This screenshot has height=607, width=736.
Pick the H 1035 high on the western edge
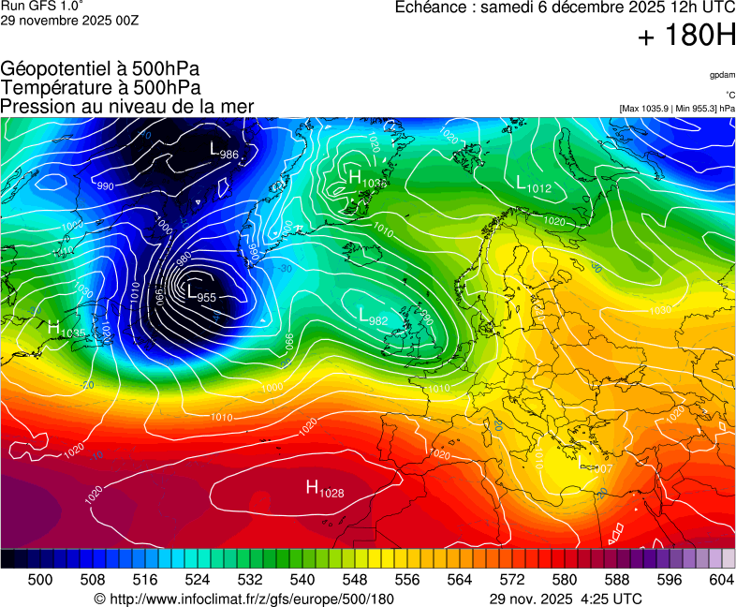66,330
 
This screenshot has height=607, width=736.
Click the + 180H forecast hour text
686,37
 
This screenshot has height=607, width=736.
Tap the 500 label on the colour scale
40,581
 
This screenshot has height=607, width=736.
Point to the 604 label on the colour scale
721,581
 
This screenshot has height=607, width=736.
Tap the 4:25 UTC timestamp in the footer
609,599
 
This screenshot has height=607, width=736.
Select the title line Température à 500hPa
100,88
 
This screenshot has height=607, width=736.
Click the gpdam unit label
721,74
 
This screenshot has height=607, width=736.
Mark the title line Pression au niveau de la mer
127,107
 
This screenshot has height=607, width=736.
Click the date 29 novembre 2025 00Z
69,21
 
